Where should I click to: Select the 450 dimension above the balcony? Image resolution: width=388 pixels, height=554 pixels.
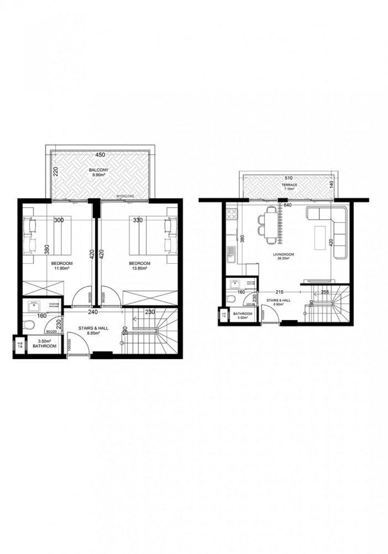pyautogui.click(x=100, y=155)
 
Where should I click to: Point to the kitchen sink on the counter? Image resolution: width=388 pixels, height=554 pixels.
pyautogui.click(x=231, y=255)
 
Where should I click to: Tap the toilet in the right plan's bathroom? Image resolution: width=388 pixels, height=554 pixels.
pyautogui.click(x=231, y=300)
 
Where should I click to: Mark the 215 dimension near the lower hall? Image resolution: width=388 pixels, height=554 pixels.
pyautogui.click(x=281, y=292)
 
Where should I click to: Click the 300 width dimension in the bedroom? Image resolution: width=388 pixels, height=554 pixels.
pyautogui.click(x=59, y=220)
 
